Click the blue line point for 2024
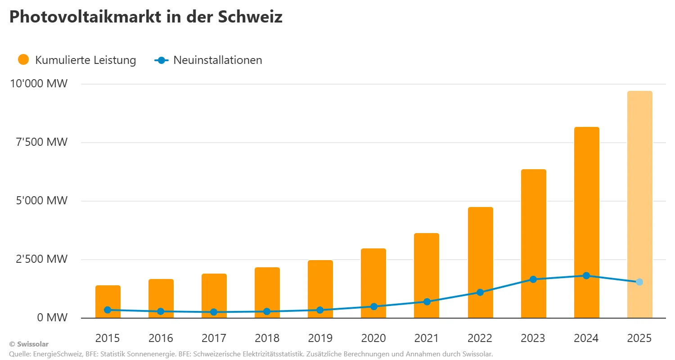point(586,275)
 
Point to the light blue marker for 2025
point(639,282)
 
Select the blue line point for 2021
point(427,301)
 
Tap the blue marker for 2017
point(214,312)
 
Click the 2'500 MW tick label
point(39,259)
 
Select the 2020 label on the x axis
point(373,338)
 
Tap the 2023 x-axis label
point(533,338)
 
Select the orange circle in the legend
point(23,59)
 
